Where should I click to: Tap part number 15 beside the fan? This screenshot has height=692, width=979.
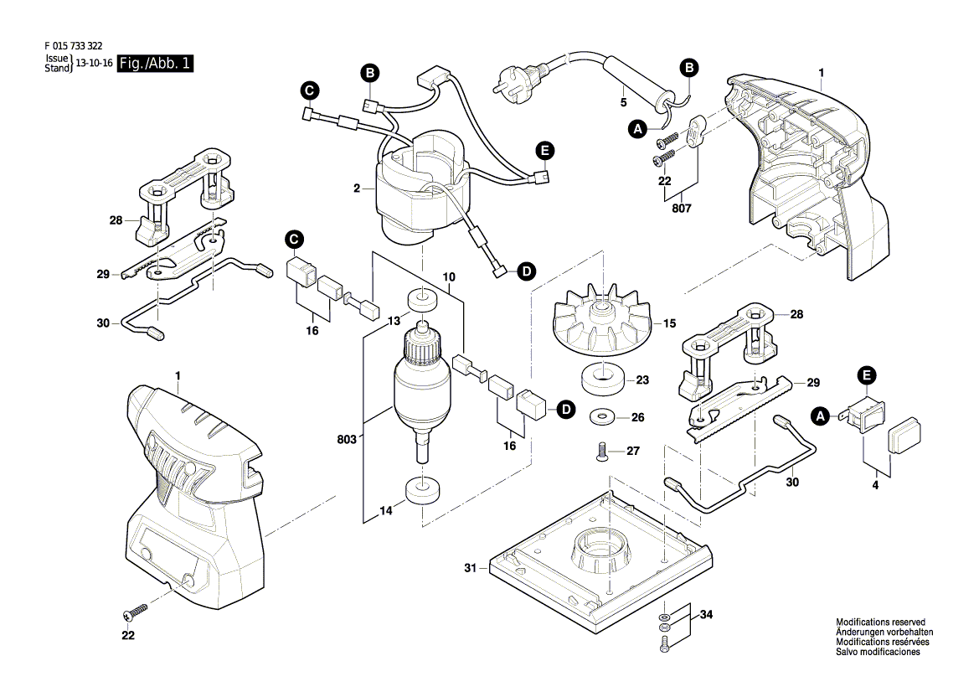(x=669, y=323)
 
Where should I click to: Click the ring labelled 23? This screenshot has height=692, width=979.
(x=602, y=379)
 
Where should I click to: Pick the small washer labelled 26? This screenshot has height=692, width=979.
(x=602, y=416)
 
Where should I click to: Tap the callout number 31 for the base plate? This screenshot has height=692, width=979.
(x=471, y=569)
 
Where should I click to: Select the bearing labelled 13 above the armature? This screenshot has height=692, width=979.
(x=422, y=301)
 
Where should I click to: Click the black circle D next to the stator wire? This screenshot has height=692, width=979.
(x=526, y=271)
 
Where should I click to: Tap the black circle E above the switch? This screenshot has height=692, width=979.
(x=866, y=374)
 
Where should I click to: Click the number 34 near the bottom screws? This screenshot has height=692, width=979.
(x=706, y=615)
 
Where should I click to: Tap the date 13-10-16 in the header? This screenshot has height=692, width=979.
(x=95, y=64)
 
